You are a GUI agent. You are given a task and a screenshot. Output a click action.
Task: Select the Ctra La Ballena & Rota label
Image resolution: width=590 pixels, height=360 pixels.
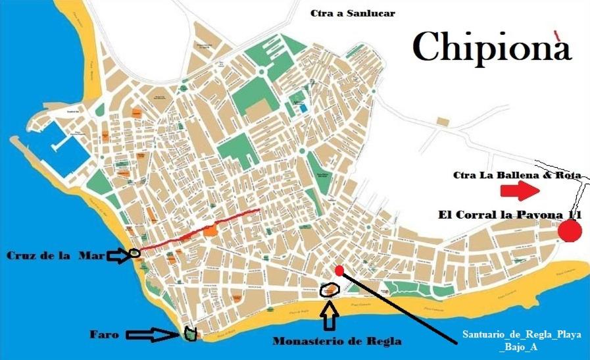point(517,175)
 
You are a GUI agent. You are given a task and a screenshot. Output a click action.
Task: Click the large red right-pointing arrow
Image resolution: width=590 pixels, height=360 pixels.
point(520,192)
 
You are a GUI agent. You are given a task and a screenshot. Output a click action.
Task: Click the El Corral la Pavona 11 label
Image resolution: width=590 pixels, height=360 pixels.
point(510,215)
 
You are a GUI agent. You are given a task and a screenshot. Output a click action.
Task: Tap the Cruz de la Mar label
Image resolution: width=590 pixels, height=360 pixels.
point(55,255)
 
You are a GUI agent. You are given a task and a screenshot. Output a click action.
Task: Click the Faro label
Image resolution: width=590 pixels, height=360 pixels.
point(105,335)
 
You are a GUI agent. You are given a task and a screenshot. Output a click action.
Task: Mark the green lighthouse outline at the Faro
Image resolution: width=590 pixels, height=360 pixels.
point(190,334)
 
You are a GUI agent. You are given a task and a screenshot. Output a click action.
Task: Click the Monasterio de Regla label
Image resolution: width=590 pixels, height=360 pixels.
point(336,342)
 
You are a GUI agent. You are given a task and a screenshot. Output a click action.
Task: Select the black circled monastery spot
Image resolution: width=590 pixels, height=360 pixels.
point(329,289)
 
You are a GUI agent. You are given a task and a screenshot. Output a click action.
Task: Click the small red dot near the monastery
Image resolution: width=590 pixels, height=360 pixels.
point(339,270)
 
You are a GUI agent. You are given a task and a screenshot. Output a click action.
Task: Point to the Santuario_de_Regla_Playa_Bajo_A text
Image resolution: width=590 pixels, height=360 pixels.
point(522,340)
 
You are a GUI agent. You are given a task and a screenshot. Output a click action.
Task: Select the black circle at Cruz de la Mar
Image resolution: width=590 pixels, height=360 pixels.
point(134,252)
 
